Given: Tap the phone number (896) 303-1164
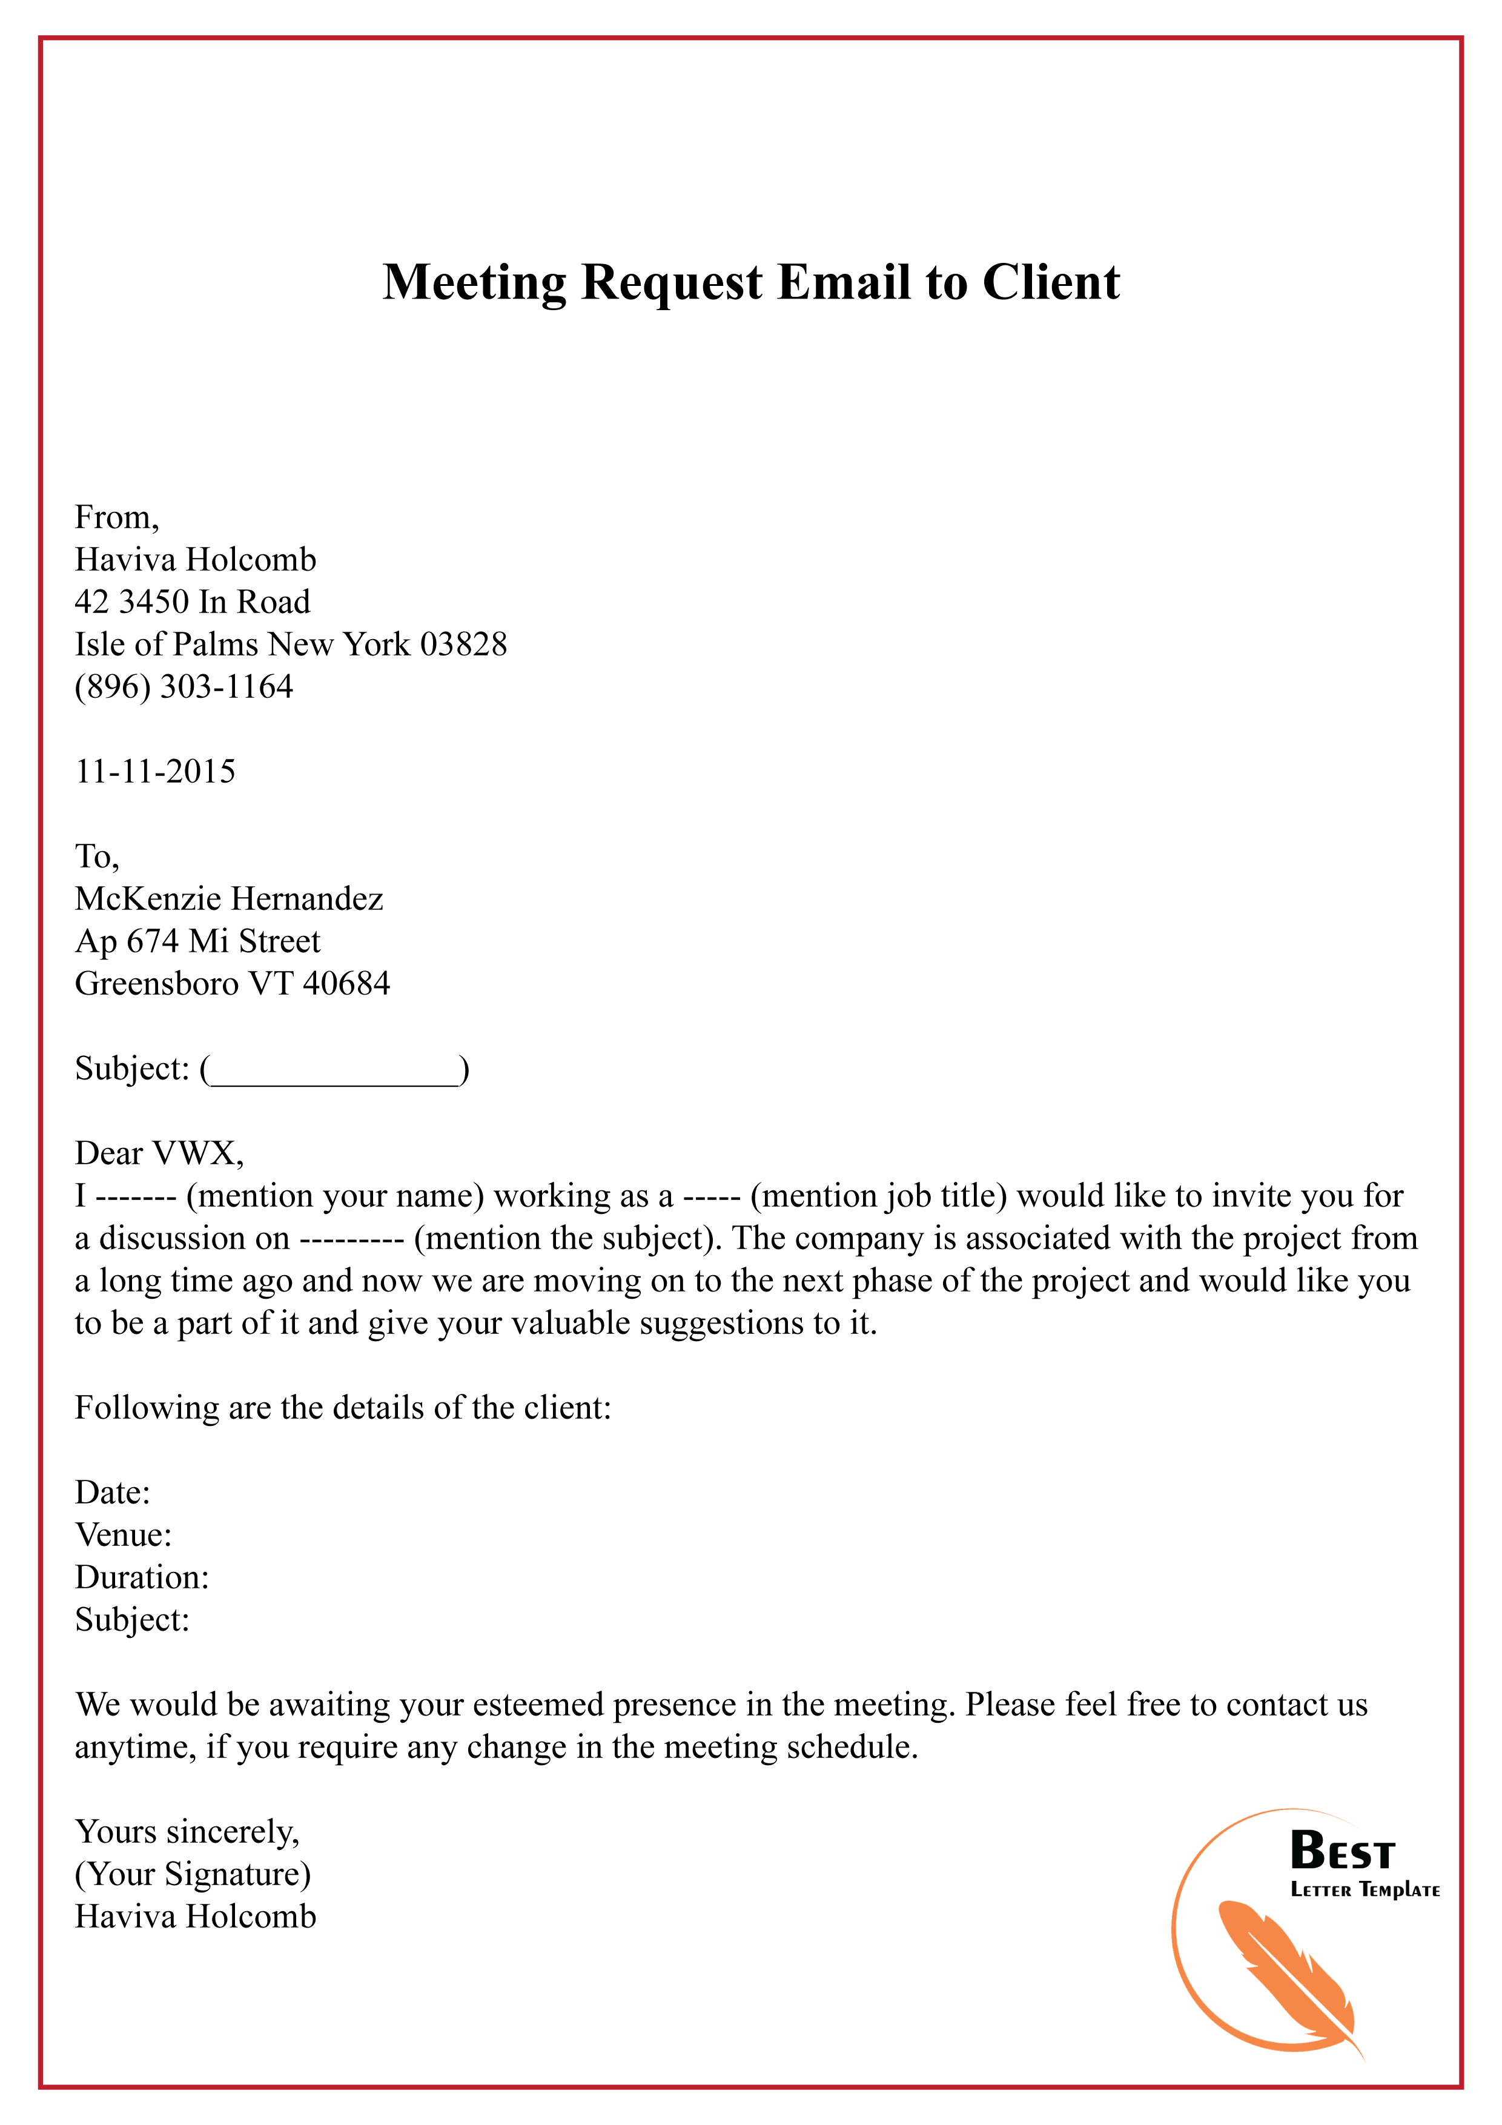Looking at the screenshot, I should pyautogui.click(x=184, y=687).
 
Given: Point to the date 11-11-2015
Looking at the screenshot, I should pyautogui.click(x=154, y=771).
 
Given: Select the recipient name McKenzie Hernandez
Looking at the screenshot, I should pyautogui.click(x=228, y=899).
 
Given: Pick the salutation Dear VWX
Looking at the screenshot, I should pyautogui.click(x=158, y=1153).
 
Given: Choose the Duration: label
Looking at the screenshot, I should pyautogui.click(x=142, y=1577).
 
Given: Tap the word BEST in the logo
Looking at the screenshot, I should pyautogui.click(x=1342, y=1851).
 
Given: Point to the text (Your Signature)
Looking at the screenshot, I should pyautogui.click(x=193, y=1874).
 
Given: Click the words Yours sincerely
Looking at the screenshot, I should pyautogui.click(x=187, y=1832).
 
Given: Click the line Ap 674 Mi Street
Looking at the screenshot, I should pyautogui.click(x=197, y=941).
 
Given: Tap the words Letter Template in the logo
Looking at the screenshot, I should pyautogui.click(x=1365, y=1890).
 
